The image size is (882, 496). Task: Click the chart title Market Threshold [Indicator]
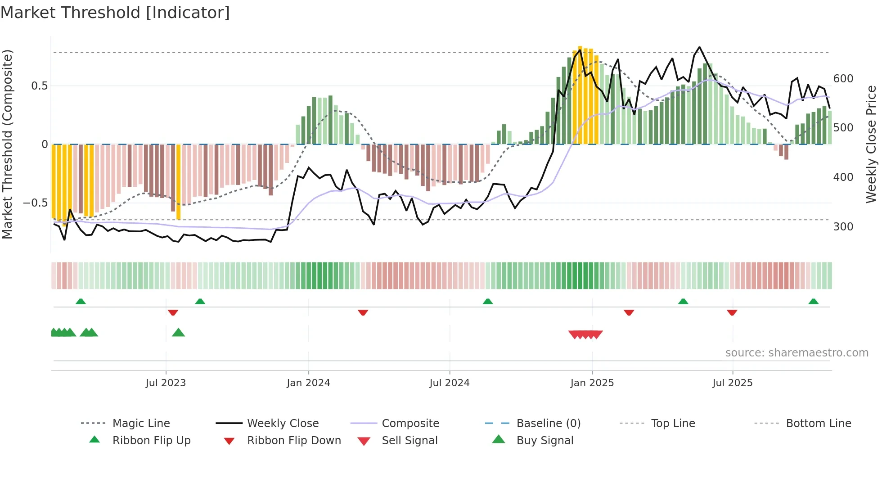115,13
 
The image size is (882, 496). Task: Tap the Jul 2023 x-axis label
166,383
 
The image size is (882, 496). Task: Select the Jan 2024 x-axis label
308,383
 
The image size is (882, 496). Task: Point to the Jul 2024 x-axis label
449,383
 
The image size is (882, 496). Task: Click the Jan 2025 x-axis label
592,383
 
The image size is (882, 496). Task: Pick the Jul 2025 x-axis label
732,383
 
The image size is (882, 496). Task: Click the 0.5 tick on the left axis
39,86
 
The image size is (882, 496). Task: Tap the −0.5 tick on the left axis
35,203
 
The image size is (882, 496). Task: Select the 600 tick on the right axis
843,79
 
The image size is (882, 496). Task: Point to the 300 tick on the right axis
843,227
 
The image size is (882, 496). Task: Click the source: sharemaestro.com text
796,353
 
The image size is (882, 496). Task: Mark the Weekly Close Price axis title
871,144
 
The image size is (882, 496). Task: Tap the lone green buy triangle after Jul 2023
178,333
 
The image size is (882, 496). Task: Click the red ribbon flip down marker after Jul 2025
732,312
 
